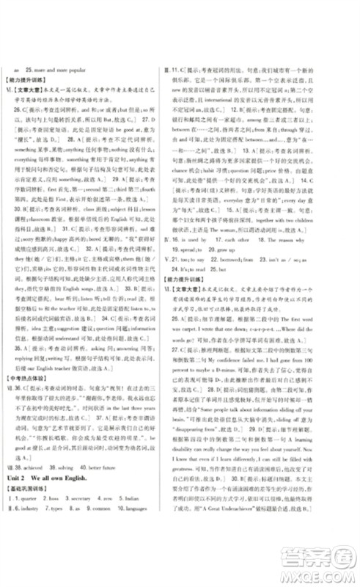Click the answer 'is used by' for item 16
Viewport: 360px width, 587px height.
click(x=210, y=239)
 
